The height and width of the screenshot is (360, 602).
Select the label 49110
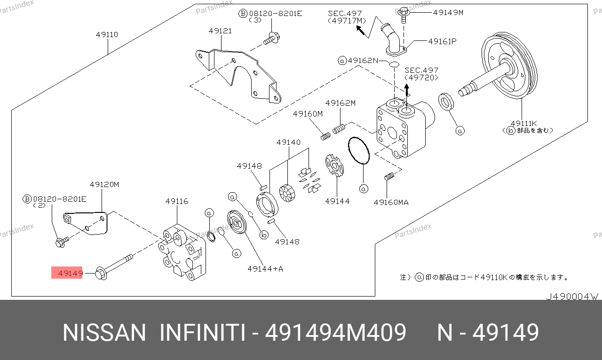pos(107,34)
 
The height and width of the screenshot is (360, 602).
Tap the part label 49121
pos(220,31)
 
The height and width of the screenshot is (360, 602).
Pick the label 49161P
pos(442,41)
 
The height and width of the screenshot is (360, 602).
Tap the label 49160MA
pos(391,202)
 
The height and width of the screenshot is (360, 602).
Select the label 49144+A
pos(265,269)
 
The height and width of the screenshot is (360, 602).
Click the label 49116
pos(176,201)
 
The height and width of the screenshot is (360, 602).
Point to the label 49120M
pos(104,184)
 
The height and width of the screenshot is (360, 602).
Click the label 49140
pos(288,142)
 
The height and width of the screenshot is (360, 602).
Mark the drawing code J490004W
pos(571,297)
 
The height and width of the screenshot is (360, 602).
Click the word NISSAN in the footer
pos(105,333)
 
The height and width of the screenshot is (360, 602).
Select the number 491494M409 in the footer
pos(336,333)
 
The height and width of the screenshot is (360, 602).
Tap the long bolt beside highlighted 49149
pos(116,265)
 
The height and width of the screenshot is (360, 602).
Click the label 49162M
pos(340,103)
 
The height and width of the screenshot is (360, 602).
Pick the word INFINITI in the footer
pos(202,333)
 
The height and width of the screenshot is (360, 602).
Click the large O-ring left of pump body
pos(359,150)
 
